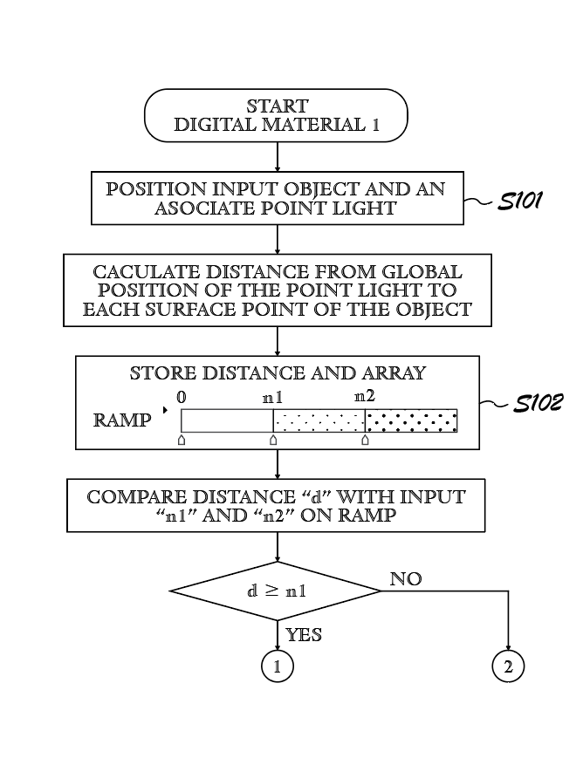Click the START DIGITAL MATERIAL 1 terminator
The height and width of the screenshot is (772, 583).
click(277, 115)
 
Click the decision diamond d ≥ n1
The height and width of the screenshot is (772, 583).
click(276, 591)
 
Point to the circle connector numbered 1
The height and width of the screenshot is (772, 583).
click(277, 667)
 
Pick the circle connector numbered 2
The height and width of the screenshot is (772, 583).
click(508, 667)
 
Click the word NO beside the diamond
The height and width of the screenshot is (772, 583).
click(406, 579)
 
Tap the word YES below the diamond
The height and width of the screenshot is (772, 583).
click(304, 635)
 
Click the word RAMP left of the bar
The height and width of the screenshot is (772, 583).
click(122, 420)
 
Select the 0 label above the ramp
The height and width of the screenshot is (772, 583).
click(182, 397)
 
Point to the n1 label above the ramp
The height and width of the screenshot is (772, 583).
click(273, 397)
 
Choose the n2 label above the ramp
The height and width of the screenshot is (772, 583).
click(365, 397)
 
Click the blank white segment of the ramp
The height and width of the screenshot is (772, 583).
click(227, 420)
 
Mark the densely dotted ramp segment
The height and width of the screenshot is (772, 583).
click(411, 420)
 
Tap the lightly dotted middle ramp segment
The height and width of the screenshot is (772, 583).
click(319, 420)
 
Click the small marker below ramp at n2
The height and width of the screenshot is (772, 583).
click(365, 441)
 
